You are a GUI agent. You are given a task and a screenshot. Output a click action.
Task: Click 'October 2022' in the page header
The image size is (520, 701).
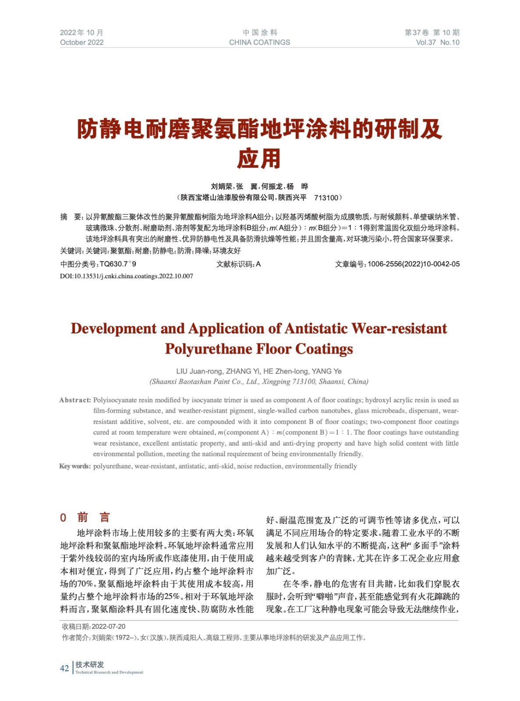pos(81,42)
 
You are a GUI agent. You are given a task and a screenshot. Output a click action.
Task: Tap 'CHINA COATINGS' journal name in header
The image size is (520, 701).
pos(259,42)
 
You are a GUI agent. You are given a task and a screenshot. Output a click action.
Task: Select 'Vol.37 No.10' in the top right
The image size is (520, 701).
pos(437,42)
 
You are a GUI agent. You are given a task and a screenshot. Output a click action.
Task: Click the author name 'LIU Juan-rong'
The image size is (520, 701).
pos(199,372)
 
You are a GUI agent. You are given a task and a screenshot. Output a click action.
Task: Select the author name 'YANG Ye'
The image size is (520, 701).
pos(326,372)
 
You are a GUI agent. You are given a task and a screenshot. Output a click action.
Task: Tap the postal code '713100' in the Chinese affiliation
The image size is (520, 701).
pos(326,198)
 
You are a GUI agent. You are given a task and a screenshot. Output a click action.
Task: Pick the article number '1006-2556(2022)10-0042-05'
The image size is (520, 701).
pos(414,264)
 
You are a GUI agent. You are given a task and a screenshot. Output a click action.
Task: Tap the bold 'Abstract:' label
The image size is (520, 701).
pos(75,400)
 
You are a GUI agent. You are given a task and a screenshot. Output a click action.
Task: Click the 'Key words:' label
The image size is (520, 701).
pos(75,466)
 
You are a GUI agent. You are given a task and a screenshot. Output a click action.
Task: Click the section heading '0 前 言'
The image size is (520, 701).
pos(85,517)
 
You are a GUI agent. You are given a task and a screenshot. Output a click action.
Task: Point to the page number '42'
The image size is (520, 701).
pos(64,668)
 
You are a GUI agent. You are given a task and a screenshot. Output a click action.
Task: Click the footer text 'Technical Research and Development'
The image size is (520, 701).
pos(109,672)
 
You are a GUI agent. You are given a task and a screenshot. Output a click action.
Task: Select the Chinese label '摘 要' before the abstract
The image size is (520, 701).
pos(71,217)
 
